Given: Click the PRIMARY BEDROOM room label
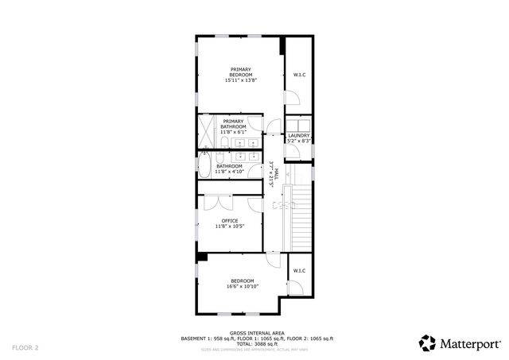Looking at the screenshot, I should click(241, 72).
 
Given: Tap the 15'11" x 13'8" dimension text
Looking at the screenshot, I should click(241, 80).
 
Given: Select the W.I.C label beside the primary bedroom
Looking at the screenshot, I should click(299, 75).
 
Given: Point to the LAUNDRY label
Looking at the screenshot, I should click(299, 135).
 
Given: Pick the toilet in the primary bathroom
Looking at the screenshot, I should click(224, 143).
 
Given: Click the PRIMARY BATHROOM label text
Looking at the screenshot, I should click(233, 124).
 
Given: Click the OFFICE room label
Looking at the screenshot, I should click(230, 220).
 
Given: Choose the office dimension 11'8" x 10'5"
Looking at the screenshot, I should click(230, 226).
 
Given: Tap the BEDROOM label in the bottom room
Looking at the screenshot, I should click(243, 281).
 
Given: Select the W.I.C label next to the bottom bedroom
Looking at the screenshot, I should click(299, 272).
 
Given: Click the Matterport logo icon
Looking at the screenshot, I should click(428, 343).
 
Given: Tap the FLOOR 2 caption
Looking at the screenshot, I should click(25, 347).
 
